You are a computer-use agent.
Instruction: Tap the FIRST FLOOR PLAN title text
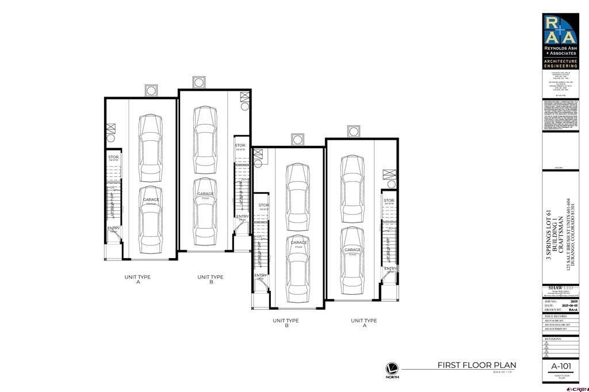pyautogui.click(x=477, y=365)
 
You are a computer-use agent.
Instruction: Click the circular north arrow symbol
pyautogui.click(x=392, y=368)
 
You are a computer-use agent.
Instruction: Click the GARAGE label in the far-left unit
pyautogui.click(x=151, y=200)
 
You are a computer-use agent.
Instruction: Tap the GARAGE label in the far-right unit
pyautogui.click(x=353, y=250)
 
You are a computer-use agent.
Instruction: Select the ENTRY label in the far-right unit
pyautogui.click(x=391, y=268)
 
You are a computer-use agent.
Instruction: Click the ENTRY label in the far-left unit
pyautogui.click(x=113, y=228)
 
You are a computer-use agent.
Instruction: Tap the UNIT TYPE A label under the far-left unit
pyautogui.click(x=138, y=279)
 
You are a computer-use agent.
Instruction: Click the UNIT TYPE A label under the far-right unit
pyautogui.click(x=364, y=323)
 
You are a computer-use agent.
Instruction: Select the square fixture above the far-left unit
pyautogui.click(x=151, y=91)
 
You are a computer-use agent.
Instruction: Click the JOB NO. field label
pyautogui.click(x=550, y=300)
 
